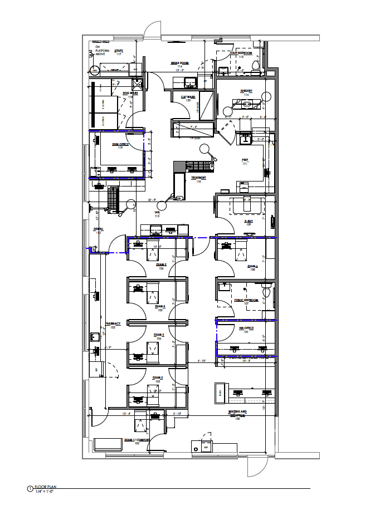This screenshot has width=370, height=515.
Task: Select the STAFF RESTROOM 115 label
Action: click(x=241, y=55)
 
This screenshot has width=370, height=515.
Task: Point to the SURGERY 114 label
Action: click(x=246, y=92)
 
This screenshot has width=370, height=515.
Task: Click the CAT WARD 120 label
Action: click(x=187, y=99)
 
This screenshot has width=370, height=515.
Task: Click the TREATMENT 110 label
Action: click(x=199, y=179)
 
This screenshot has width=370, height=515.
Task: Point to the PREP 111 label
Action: click(x=244, y=161)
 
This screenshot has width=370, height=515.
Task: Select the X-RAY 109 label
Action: click(x=249, y=223)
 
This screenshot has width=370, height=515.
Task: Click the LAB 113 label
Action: click(x=157, y=214)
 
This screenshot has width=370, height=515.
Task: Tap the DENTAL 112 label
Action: click(x=98, y=230)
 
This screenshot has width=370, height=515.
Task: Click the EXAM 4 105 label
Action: click(x=160, y=308)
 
